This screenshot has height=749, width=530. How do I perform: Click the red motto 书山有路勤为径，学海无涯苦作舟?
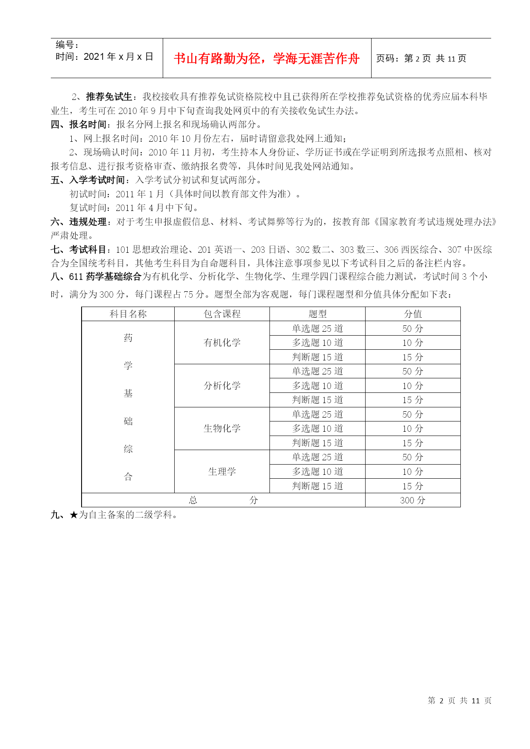(x=266, y=59)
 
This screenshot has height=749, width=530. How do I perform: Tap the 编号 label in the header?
(x=67, y=45)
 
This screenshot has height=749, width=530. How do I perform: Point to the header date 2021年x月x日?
(x=104, y=57)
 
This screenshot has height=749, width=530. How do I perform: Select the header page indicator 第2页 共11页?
(x=421, y=59)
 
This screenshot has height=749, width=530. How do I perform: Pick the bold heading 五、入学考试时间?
(x=88, y=180)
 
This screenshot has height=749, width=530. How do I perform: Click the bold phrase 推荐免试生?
(x=109, y=97)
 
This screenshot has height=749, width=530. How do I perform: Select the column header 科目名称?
(x=128, y=314)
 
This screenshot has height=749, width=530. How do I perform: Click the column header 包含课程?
(x=222, y=314)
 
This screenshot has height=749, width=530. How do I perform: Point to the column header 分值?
(x=413, y=314)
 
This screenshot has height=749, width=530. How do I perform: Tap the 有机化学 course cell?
(x=222, y=342)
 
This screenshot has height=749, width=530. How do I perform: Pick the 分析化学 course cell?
(x=222, y=386)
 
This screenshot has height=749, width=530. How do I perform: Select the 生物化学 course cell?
(x=222, y=428)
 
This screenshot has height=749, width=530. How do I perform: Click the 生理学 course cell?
(x=222, y=471)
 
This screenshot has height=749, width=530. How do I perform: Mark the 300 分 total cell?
(x=413, y=500)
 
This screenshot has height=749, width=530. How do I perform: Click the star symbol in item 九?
(x=73, y=515)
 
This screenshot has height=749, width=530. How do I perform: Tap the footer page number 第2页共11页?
(x=460, y=700)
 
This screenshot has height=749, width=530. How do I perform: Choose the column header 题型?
(x=317, y=314)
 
